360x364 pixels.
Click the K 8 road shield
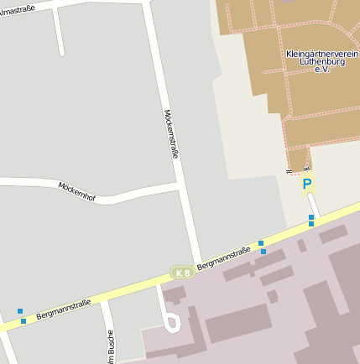182,273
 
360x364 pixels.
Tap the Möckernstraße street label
172,133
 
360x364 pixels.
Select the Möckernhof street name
77,190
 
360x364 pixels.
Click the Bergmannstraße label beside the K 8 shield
224,260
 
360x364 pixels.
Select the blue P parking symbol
307,185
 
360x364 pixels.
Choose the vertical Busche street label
110,346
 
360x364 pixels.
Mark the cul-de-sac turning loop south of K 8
173,322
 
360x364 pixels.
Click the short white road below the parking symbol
313,205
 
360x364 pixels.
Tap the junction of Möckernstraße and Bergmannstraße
198,265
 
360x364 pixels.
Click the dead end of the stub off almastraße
61,53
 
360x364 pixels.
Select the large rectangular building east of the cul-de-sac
237,323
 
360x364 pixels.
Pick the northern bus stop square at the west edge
20,311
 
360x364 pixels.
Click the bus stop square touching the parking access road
311,217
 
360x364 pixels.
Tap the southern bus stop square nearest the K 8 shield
263,251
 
